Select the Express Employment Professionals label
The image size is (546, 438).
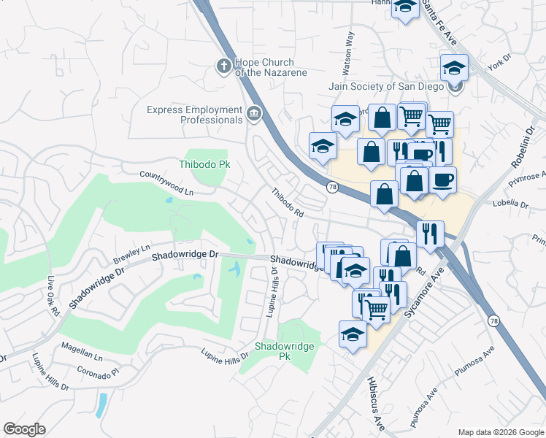(x=194, y=115)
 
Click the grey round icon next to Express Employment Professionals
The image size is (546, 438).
(x=254, y=113)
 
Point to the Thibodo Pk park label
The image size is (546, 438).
(x=205, y=164)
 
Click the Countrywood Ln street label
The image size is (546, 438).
(x=166, y=183)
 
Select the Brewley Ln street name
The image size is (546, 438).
(x=131, y=255)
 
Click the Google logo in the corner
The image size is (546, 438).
(x=24, y=429)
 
